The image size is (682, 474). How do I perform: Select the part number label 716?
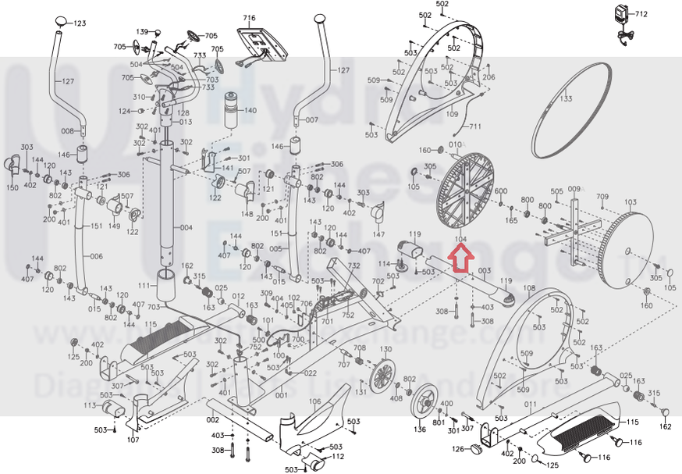(x=249, y=17)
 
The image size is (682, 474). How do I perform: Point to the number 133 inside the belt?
(x=566, y=98)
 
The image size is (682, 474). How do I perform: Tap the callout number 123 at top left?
(x=80, y=24)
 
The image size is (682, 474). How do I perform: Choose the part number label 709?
(x=602, y=196)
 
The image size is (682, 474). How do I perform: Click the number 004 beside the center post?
(x=186, y=228)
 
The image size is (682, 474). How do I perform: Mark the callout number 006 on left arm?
(x=96, y=257)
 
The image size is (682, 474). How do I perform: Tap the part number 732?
(x=353, y=266)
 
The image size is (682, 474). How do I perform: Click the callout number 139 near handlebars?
(x=142, y=32)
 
